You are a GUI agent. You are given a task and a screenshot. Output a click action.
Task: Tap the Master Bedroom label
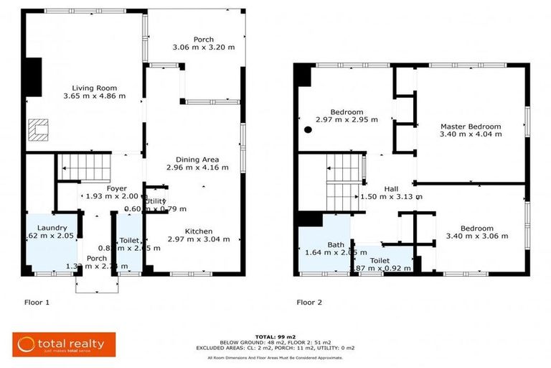(x=471, y=126)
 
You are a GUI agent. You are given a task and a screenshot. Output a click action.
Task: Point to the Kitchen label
(x=198, y=231)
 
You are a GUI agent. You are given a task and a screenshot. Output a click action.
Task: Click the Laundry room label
(x=52, y=227)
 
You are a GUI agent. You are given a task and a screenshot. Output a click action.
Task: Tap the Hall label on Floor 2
(x=391, y=188)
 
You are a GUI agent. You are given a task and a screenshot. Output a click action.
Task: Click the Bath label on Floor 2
(x=336, y=245)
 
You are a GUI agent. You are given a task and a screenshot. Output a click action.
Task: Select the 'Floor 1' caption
(x=37, y=303)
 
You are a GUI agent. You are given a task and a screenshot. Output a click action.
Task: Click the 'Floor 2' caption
(x=309, y=303)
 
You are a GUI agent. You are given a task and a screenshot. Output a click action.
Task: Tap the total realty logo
(x=60, y=344)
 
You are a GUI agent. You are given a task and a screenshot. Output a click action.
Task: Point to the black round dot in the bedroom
(x=308, y=130)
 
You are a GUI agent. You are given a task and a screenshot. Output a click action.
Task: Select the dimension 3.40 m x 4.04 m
(x=471, y=135)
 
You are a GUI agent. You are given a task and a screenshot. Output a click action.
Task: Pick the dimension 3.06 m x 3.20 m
(x=204, y=47)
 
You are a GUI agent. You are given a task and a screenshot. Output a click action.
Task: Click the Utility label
(x=156, y=201)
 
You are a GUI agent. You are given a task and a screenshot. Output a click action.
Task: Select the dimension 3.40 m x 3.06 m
(x=476, y=236)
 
